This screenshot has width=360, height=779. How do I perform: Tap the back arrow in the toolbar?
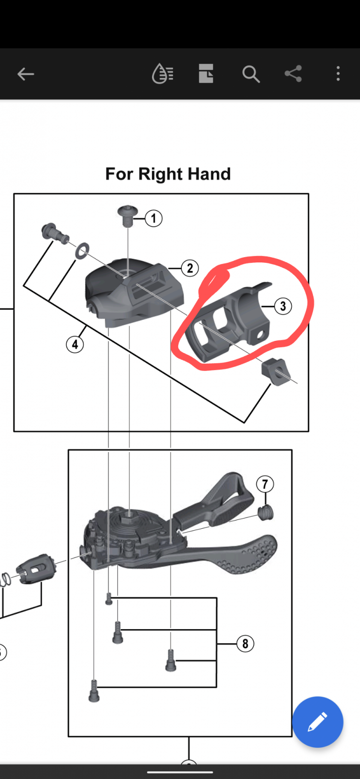tap(26, 74)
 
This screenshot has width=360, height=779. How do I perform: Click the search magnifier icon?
tap(251, 74)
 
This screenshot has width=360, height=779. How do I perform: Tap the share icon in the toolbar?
tap(293, 74)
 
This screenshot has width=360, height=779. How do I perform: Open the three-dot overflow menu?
tap(338, 74)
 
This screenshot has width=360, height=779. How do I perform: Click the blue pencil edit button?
tap(318, 722)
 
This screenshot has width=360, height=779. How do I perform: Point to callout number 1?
tap(154, 219)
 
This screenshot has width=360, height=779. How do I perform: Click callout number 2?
tap(190, 268)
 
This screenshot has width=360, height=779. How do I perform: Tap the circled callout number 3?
tap(283, 306)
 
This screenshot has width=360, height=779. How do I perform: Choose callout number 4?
tap(75, 344)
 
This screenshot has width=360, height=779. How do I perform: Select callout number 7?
tap(265, 484)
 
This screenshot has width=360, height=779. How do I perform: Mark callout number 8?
tap(245, 643)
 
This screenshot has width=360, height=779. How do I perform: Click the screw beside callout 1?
tap(128, 216)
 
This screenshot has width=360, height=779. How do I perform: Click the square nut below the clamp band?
tap(275, 371)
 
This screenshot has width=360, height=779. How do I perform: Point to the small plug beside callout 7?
tap(266, 513)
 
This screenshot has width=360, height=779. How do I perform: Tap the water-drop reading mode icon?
tap(163, 74)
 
